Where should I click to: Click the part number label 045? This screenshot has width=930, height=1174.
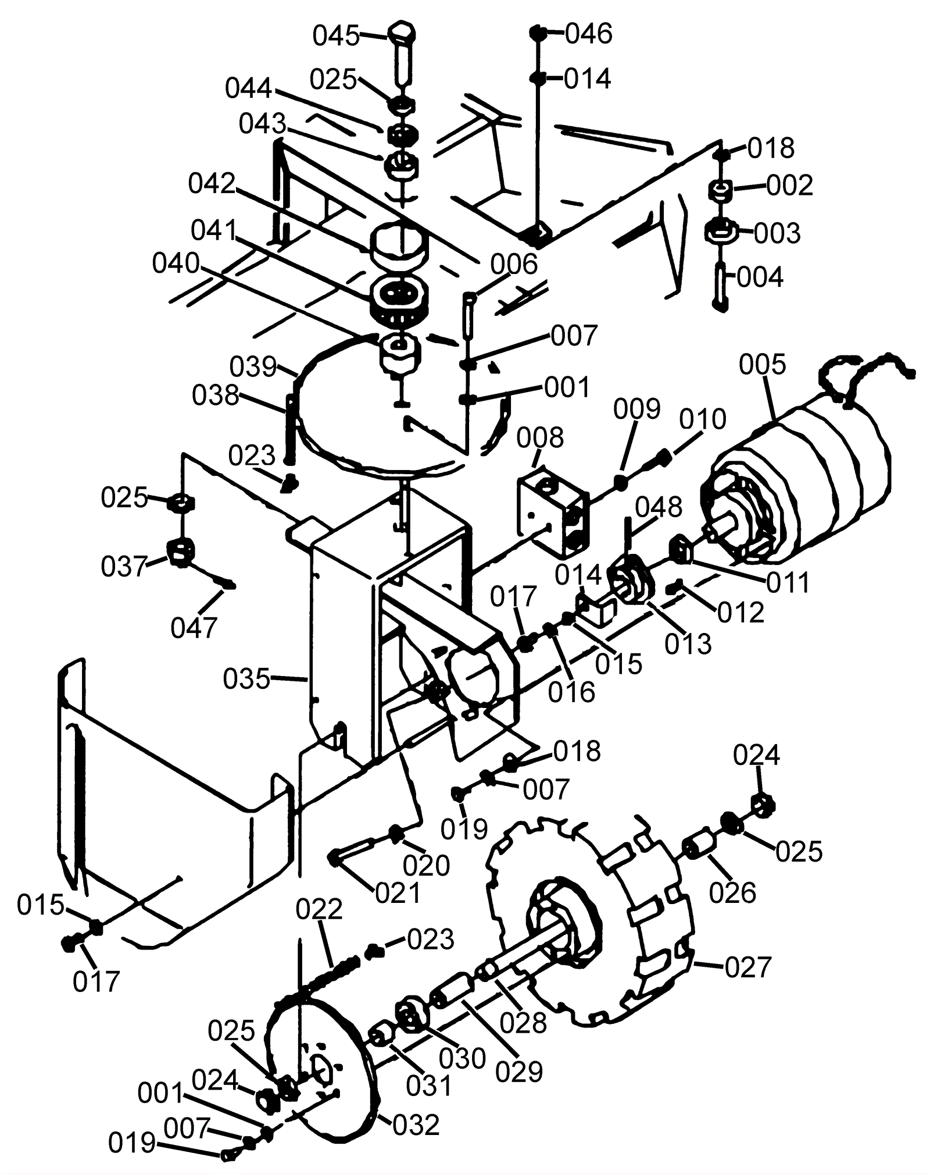click(x=336, y=35)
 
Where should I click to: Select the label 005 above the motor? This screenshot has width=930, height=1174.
click(x=762, y=365)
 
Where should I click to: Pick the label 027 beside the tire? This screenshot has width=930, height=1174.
click(x=748, y=967)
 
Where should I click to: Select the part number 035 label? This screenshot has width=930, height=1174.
click(x=247, y=678)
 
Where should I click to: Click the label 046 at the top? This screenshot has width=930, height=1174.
click(x=588, y=34)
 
